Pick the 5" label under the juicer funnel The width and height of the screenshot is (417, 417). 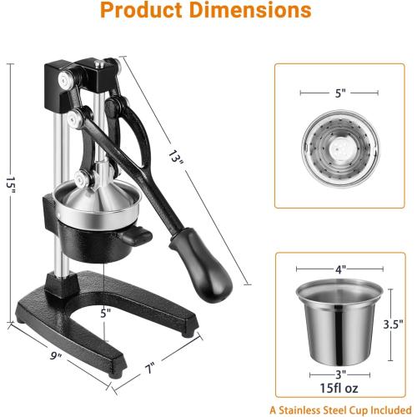pos(105,314)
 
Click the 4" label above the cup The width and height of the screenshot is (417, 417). pos(340,269)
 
